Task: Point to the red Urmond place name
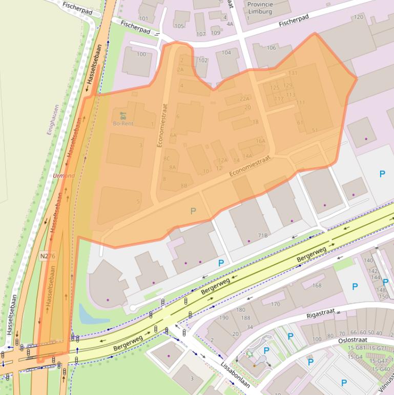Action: pyautogui.click(x=64, y=175)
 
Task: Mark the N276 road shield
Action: pyautogui.click(x=47, y=255)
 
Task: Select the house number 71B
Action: pyautogui.click(x=263, y=235)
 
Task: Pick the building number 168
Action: pyautogui.click(x=317, y=286)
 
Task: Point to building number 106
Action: pyautogui.click(x=271, y=48)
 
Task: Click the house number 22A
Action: pyautogui.click(x=244, y=98)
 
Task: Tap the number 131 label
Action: pyautogui.click(x=293, y=73)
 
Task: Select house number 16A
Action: pyautogui.click(x=260, y=141)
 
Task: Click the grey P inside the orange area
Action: pyautogui.click(x=193, y=211)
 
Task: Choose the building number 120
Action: pyautogui.click(x=358, y=17)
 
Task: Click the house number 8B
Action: pyautogui.click(x=184, y=185)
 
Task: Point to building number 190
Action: pyautogui.click(x=224, y=318)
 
